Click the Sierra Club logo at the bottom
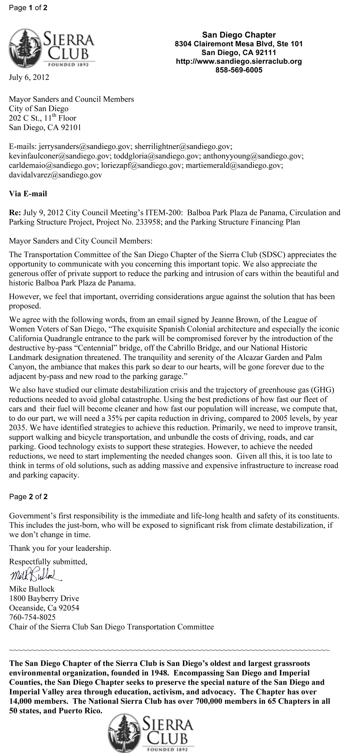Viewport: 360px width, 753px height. click(152, 732)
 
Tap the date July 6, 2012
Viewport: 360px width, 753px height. click(29, 77)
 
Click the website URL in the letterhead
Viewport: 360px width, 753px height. click(239, 61)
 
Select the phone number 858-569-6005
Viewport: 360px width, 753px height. click(239, 70)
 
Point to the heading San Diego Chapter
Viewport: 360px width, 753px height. click(239, 35)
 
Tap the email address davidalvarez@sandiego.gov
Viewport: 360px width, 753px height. click(55, 175)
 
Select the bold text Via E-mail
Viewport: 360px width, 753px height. click(28, 194)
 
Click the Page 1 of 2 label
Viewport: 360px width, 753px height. click(28, 8)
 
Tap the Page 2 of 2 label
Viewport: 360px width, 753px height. click(28, 497)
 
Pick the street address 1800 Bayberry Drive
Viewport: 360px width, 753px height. click(44, 599)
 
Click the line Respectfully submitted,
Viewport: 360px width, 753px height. click(48, 562)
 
